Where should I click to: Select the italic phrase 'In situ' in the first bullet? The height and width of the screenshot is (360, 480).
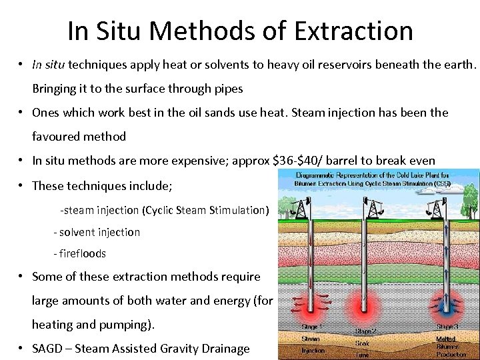(x=49, y=65)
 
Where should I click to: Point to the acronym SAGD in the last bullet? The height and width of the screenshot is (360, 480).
(x=51, y=349)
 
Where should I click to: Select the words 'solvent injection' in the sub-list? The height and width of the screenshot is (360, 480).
(x=99, y=232)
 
